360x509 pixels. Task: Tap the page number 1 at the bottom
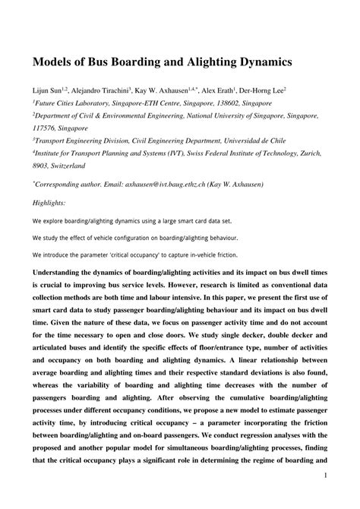(324, 498)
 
